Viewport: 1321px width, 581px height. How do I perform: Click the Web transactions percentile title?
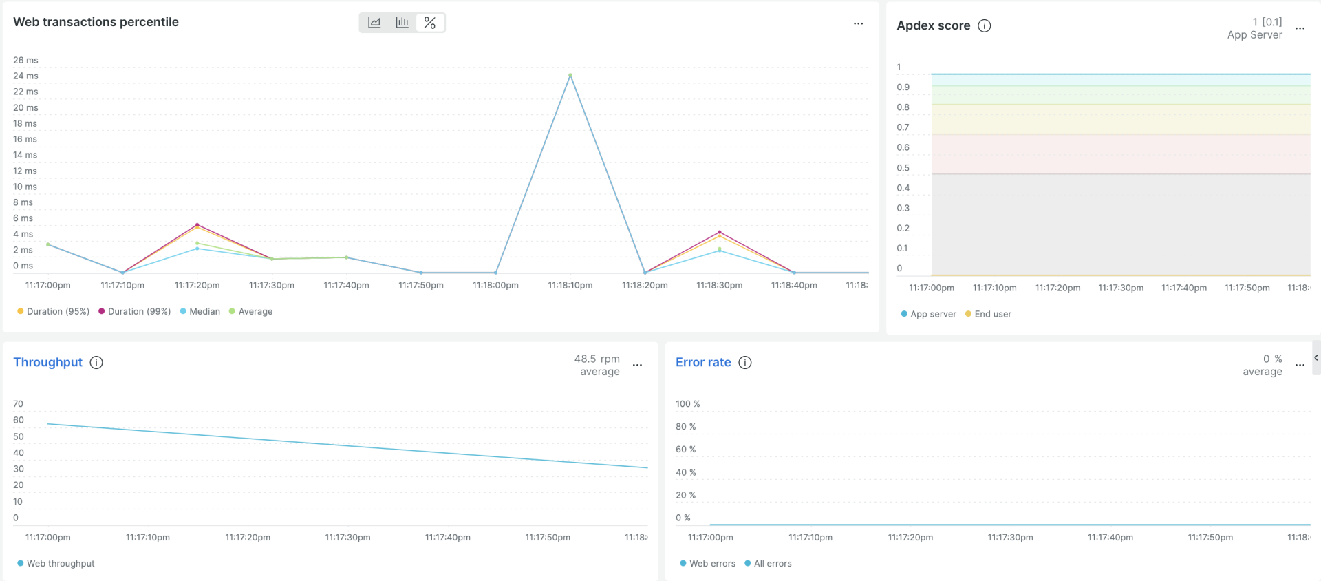(96, 22)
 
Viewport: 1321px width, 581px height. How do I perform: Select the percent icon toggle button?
(430, 23)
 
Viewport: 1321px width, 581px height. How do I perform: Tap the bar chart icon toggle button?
(402, 23)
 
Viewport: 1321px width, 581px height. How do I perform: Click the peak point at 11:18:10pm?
(570, 75)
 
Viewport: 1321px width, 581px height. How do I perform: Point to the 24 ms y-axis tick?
(25, 76)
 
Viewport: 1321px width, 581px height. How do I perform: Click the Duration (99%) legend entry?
(135, 311)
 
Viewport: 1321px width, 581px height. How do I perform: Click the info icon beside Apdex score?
(985, 25)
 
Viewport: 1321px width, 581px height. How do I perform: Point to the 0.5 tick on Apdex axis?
(903, 168)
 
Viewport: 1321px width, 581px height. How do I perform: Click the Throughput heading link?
(47, 362)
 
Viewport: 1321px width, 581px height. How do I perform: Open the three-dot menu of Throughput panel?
(637, 365)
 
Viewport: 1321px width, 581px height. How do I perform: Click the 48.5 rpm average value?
(597, 359)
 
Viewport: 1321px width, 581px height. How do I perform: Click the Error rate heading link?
(703, 362)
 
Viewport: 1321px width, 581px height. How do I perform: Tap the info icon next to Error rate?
(745, 362)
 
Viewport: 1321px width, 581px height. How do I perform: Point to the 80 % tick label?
(685, 427)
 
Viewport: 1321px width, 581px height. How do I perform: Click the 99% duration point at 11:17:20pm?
(197, 224)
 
